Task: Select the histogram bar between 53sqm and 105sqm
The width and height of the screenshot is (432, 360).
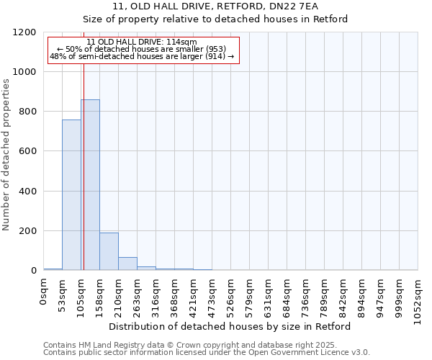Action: [x=71, y=195]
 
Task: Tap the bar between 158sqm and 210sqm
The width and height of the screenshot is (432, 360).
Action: [x=109, y=251]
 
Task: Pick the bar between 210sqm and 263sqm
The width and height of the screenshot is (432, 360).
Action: [x=127, y=264]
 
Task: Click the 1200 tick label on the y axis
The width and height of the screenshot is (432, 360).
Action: [x=24, y=32]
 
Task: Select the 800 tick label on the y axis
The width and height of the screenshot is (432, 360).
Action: [x=27, y=112]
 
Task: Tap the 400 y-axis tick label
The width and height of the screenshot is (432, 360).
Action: [x=27, y=192]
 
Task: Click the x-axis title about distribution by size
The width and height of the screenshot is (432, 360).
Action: [x=230, y=326]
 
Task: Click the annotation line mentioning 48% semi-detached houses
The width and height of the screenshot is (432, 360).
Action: [x=142, y=56]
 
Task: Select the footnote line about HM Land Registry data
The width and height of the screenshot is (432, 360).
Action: [x=205, y=345]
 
